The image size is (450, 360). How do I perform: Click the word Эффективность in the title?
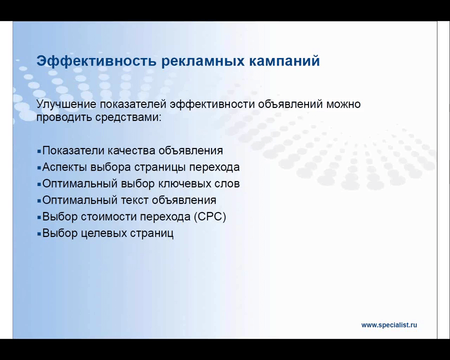pyautogui.click(x=96, y=61)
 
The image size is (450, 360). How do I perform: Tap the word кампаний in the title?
pyautogui.click(x=284, y=61)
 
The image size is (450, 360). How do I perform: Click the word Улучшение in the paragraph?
pyautogui.click(x=66, y=104)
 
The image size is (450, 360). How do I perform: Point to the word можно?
pyautogui.click(x=343, y=104)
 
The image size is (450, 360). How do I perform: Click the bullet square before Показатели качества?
pyautogui.click(x=39, y=151)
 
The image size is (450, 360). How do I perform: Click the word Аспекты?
pyautogui.click(x=64, y=167)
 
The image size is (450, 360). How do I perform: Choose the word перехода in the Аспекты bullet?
pyautogui.click(x=214, y=167)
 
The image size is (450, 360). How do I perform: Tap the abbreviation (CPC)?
pyautogui.click(x=210, y=216)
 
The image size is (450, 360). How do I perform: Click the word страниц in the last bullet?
pyautogui.click(x=152, y=233)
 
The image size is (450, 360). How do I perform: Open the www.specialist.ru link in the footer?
pyautogui.click(x=389, y=325)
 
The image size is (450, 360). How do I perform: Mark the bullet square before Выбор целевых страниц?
pyautogui.click(x=39, y=233)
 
